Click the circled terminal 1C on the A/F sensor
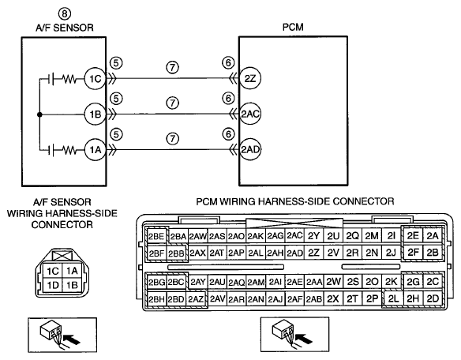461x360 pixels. (x=95, y=79)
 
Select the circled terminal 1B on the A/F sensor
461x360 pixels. (x=95, y=114)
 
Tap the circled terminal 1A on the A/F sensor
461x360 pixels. (x=95, y=150)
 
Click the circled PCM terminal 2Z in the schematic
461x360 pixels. (x=250, y=78)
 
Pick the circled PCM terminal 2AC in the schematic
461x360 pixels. (x=250, y=114)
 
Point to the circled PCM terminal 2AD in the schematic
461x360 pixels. (x=250, y=149)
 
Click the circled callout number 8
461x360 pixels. (x=65, y=13)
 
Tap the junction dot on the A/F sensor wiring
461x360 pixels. (x=39, y=114)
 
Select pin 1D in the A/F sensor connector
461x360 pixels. (x=53, y=285)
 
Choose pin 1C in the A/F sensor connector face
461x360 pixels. (x=53, y=271)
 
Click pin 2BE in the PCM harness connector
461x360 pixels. (x=156, y=236)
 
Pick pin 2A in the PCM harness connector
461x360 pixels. (x=433, y=235)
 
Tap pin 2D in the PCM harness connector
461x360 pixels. (x=433, y=299)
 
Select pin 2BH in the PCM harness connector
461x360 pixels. (x=156, y=299)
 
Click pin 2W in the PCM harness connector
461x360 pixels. (x=333, y=282)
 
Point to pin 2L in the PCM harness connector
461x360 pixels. (x=393, y=299)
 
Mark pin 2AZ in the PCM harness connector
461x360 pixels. (x=196, y=299)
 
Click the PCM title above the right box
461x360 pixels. (x=293, y=27)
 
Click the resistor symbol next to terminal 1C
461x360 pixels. (x=69, y=79)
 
